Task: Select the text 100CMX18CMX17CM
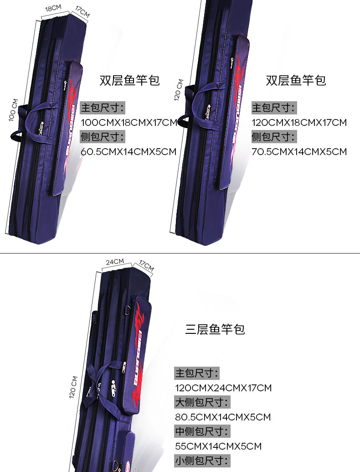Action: [129, 122]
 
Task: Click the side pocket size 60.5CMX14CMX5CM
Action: [128, 151]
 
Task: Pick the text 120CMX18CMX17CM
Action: [299, 122]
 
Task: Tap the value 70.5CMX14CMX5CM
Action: [299, 151]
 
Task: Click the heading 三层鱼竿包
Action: [215, 329]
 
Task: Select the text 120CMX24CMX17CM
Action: [223, 388]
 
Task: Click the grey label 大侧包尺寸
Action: [202, 402]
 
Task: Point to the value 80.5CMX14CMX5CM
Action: [223, 417]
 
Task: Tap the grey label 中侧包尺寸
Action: [202, 431]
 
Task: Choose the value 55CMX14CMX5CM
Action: [218, 446]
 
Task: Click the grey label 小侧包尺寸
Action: [202, 461]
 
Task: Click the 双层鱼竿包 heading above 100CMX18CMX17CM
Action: [129, 80]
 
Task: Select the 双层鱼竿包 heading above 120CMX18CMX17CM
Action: [296, 80]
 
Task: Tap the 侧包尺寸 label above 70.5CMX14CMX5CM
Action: [274, 136]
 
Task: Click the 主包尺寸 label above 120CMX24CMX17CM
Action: [197, 373]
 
